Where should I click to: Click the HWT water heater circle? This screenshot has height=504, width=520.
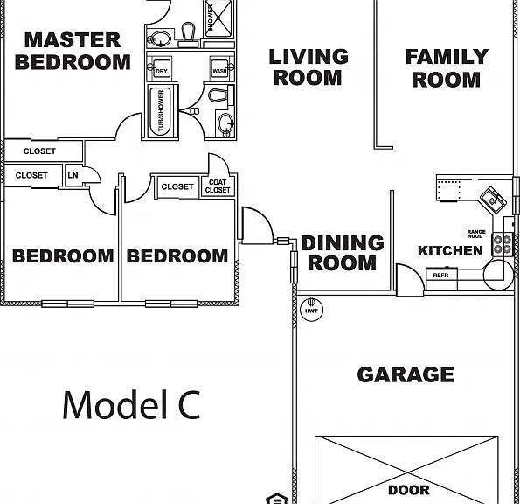pos(311,310)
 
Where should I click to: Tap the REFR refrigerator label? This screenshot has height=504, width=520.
pos(440,276)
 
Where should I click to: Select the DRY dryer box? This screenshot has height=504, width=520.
pos(162,69)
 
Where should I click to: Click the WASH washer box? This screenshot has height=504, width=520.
pos(219,69)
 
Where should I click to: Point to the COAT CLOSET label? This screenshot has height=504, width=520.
pos(218,185)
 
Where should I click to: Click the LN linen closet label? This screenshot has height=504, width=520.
pos(73,175)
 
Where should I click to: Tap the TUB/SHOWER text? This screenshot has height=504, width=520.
pos(161,110)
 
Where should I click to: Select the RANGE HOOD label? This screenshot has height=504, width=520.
pos(476,234)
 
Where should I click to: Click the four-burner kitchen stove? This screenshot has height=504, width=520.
pos(503,244)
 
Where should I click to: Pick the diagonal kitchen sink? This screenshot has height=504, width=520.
pos(494,199)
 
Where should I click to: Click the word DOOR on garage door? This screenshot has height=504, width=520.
pos(409,490)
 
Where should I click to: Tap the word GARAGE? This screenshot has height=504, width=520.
pos(406,374)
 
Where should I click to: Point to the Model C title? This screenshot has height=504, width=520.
pos(131,405)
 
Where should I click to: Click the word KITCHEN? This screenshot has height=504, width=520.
pos(450,250)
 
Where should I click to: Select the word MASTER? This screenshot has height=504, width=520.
pos(73,40)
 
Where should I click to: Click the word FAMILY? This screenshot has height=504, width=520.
pos(447,57)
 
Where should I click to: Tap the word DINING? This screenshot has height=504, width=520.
pos(343,242)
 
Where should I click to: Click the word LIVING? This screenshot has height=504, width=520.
pos(309,57)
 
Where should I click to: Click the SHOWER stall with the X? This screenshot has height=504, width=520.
pos(218,18)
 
